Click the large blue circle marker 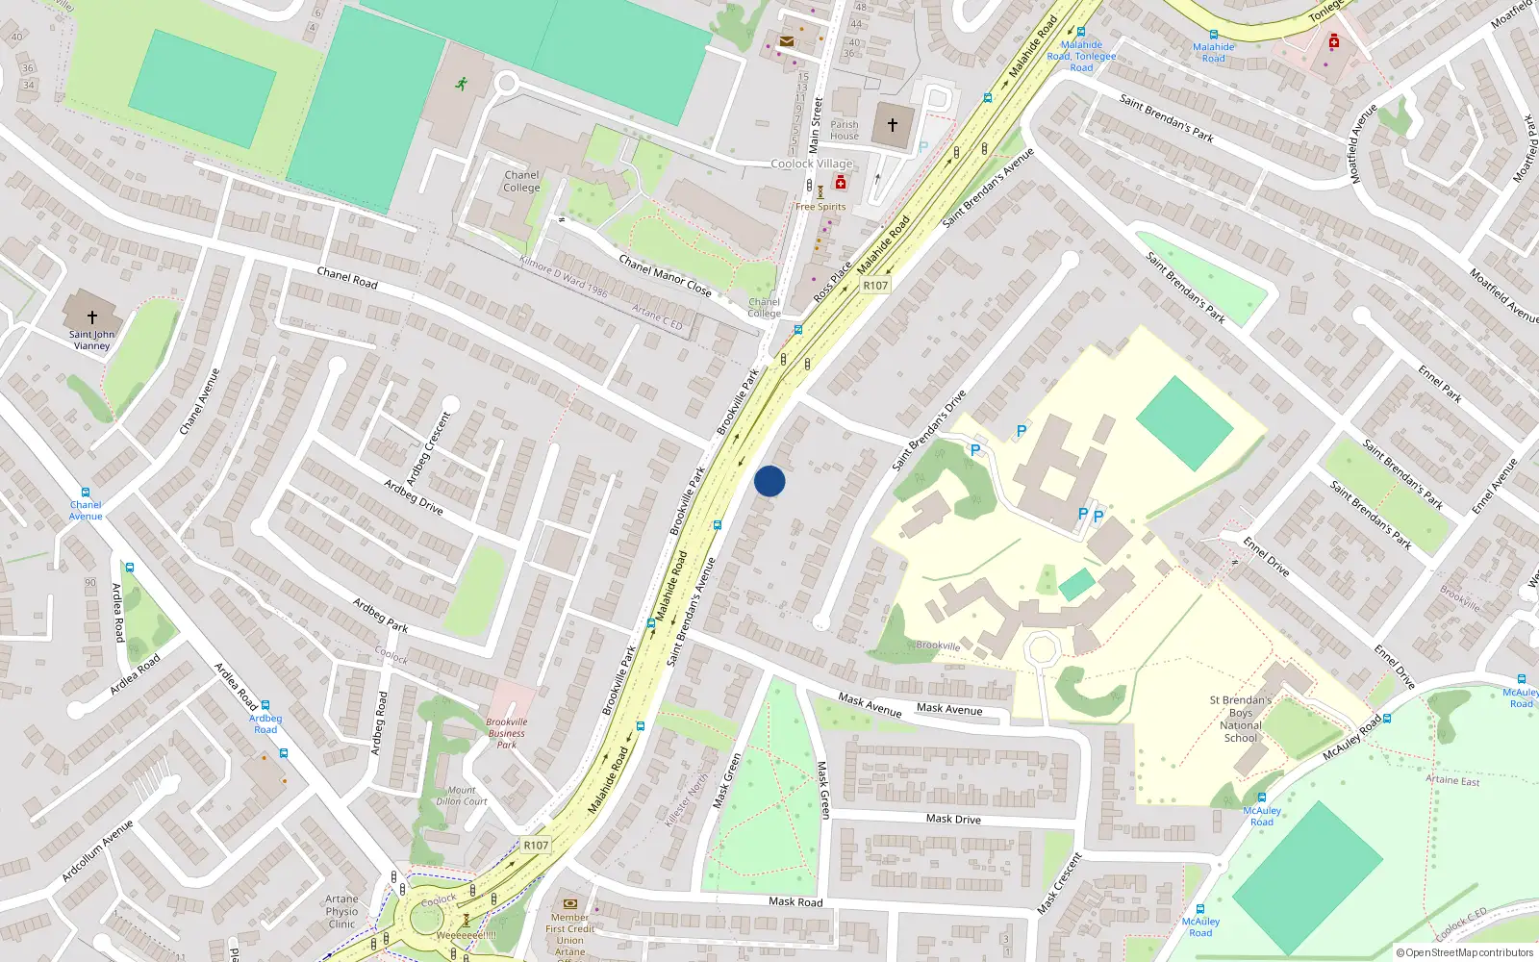[769, 481]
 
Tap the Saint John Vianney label [92, 341]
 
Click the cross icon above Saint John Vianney [92, 316]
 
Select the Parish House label [845, 130]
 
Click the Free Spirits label [820, 207]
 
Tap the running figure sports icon [462, 84]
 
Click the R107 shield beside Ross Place [875, 286]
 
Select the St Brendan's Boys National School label [1241, 719]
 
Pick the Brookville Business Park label [507, 733]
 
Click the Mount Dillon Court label [462, 796]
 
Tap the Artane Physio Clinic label [341, 912]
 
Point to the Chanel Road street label [347, 278]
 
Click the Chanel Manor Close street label [665, 275]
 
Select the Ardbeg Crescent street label [428, 447]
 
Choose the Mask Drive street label [953, 819]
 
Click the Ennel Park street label [1440, 382]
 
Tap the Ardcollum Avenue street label [97, 851]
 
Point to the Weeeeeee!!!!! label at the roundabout [467, 935]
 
